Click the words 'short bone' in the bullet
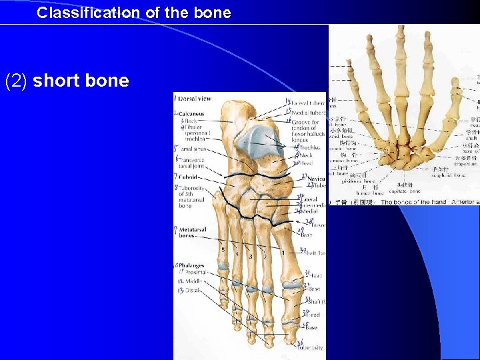(81, 81)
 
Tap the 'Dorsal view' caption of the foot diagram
(195, 99)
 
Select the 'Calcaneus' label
(191, 113)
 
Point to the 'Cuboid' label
(189, 177)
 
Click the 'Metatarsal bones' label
(192, 232)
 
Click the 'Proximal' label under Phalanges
(195, 273)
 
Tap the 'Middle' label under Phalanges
(193, 282)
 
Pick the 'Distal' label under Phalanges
(193, 291)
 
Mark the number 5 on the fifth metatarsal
(223, 249)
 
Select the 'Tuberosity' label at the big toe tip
(311, 347)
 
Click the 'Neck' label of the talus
(307, 155)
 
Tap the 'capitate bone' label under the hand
(406, 191)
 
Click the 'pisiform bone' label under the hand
(365, 180)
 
